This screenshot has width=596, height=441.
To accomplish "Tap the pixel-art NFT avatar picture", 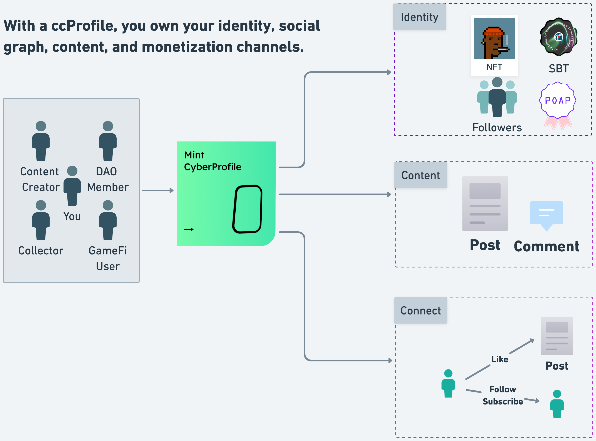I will (494, 38).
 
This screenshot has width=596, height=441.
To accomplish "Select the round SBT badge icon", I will (559, 37).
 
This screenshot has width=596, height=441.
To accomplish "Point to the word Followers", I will (497, 128).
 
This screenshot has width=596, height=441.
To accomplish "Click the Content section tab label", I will (420, 175).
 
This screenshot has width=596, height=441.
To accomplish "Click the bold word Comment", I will (546, 246).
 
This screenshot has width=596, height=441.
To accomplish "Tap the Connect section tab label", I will (420, 311).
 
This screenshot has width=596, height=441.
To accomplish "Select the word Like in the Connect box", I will (500, 359).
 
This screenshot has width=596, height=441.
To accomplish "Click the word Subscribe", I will (502, 401).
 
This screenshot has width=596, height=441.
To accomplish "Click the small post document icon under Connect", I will (557, 336).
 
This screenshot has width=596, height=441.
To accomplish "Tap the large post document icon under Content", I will (485, 203).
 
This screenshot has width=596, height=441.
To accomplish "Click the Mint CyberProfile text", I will (213, 161).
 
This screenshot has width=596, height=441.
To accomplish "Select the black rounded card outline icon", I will (247, 209).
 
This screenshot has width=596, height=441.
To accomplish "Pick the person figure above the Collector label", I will (41, 220).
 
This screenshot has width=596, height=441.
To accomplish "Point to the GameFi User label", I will (108, 258).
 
